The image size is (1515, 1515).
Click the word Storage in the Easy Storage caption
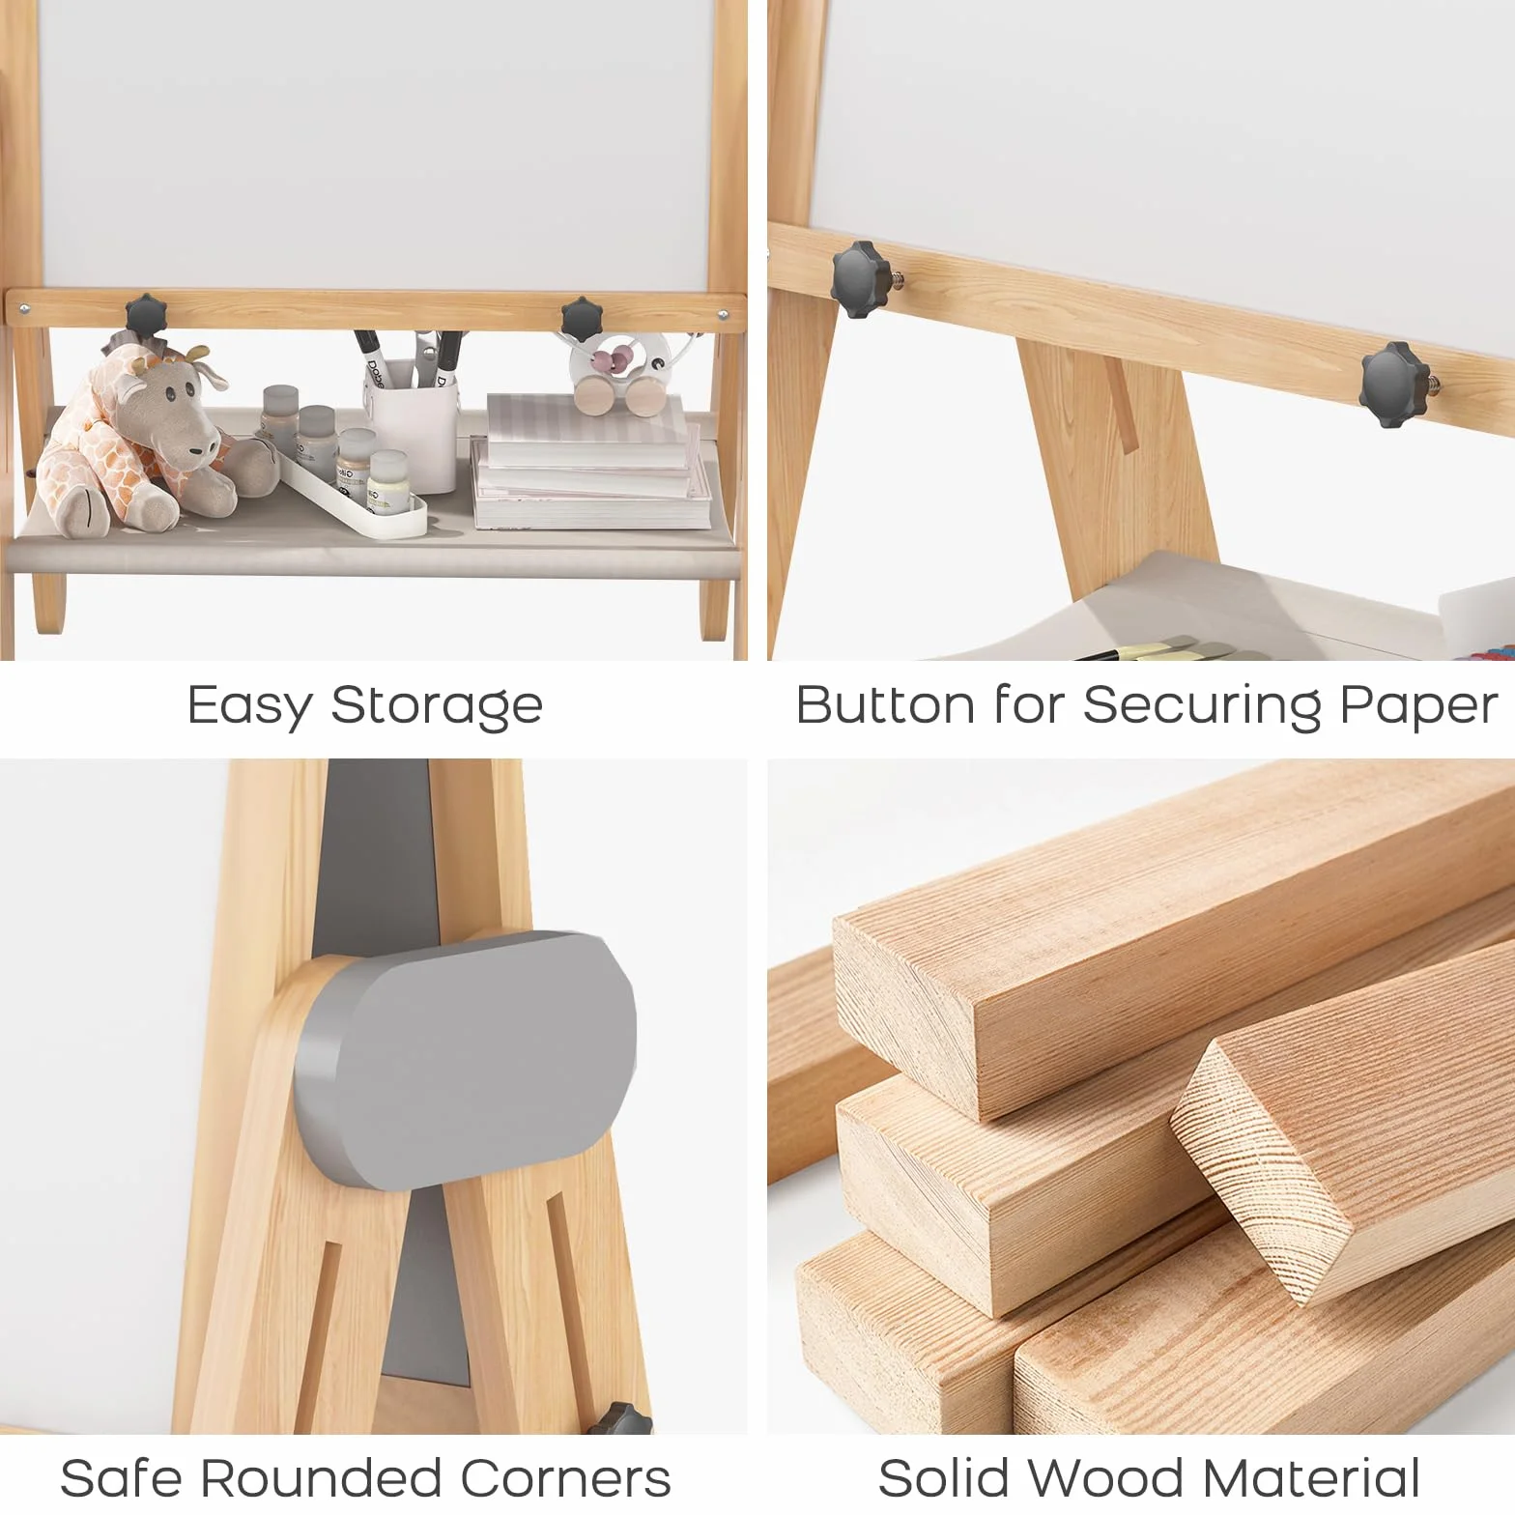coord(437,706)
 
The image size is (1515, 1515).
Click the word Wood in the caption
coord(1112,1478)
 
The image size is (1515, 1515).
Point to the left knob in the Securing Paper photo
coord(860,279)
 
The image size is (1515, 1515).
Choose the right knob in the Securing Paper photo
coord(1393,385)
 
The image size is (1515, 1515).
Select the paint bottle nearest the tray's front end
coord(388,479)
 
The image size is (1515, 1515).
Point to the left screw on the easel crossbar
coord(24,310)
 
